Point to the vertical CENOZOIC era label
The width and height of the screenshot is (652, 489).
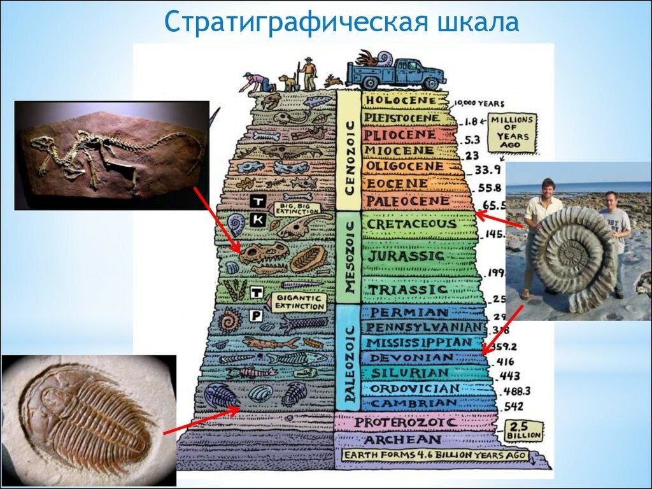(348, 150)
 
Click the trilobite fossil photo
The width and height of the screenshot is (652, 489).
(89, 420)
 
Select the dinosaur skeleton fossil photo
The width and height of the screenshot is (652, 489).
(111, 155)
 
